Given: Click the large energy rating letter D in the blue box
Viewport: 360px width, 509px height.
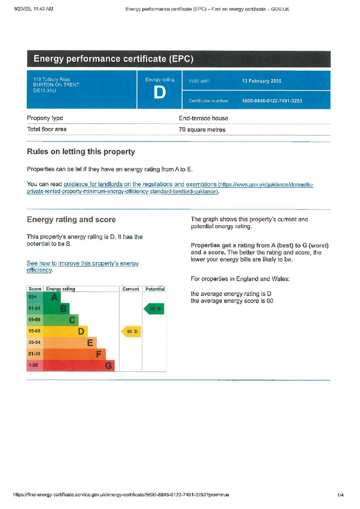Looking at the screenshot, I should point(160,93).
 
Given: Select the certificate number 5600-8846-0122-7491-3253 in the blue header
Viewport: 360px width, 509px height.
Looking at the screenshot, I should point(271,101).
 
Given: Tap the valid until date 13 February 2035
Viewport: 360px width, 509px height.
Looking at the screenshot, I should point(262,81).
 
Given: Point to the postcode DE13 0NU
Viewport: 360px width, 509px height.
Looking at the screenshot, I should point(44,90).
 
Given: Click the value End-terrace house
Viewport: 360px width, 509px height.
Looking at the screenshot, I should point(203,118).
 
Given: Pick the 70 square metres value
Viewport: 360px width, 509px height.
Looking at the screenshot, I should point(202,130).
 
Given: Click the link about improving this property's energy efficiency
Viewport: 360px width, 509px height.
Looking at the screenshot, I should point(82,266).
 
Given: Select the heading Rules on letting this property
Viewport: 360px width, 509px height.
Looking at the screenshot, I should point(81,152).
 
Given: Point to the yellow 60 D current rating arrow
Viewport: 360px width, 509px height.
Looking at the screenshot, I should point(131,332).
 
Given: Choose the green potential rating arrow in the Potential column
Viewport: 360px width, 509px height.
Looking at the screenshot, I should point(154,309).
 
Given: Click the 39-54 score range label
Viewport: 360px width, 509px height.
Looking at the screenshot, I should point(34,343).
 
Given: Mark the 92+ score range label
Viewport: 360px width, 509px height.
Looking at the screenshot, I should point(33,297).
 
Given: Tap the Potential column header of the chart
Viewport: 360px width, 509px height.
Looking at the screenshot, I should point(154,289).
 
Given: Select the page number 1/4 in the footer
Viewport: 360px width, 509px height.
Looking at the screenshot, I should point(340,495).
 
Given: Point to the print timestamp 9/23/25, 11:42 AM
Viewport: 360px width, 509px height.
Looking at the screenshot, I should point(34,9).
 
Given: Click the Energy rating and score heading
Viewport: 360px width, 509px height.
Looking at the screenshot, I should point(71,220).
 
